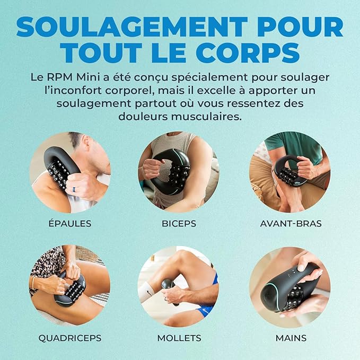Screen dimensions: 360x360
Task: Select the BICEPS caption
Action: point(179,223)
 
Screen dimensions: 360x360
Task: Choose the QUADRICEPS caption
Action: point(69,337)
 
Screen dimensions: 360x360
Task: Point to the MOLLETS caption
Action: point(179,337)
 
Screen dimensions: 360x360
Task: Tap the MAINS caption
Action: point(290,337)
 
